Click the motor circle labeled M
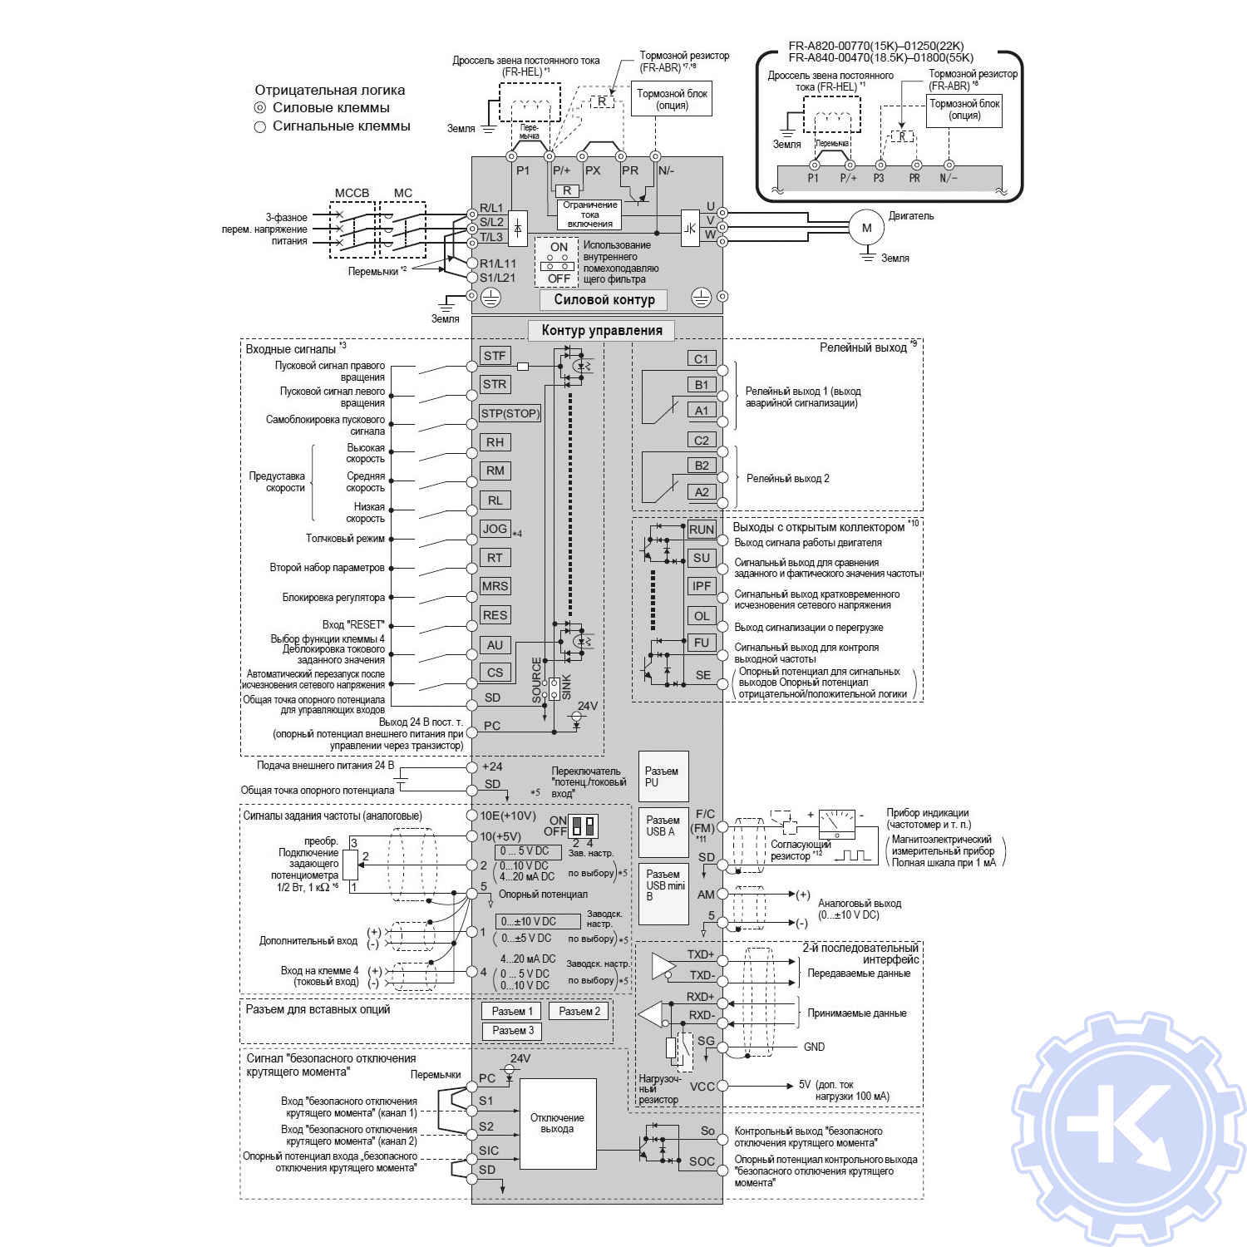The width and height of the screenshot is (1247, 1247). (867, 228)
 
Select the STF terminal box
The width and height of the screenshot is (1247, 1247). (495, 356)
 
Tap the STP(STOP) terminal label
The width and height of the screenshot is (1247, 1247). (510, 413)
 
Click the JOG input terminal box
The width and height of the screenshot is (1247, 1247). (495, 529)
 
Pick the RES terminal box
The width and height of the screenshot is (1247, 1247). (495, 615)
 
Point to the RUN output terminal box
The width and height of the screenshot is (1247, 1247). (702, 530)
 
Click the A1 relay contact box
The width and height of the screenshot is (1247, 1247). (702, 411)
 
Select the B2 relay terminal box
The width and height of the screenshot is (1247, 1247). (702, 466)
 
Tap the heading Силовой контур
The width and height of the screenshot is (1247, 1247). (604, 299)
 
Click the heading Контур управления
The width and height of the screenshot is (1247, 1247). (602, 330)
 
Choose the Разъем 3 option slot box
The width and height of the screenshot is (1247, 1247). (512, 1031)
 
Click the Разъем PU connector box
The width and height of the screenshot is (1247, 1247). (663, 776)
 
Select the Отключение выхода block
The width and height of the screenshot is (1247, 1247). (558, 1123)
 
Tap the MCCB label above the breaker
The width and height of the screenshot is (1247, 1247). (352, 193)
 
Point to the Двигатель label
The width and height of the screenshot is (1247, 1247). (911, 216)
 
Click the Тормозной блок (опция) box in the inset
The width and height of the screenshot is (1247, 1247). (964, 110)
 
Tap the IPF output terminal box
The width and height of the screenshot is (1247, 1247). (702, 586)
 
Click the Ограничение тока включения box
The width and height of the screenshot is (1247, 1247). (589, 214)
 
